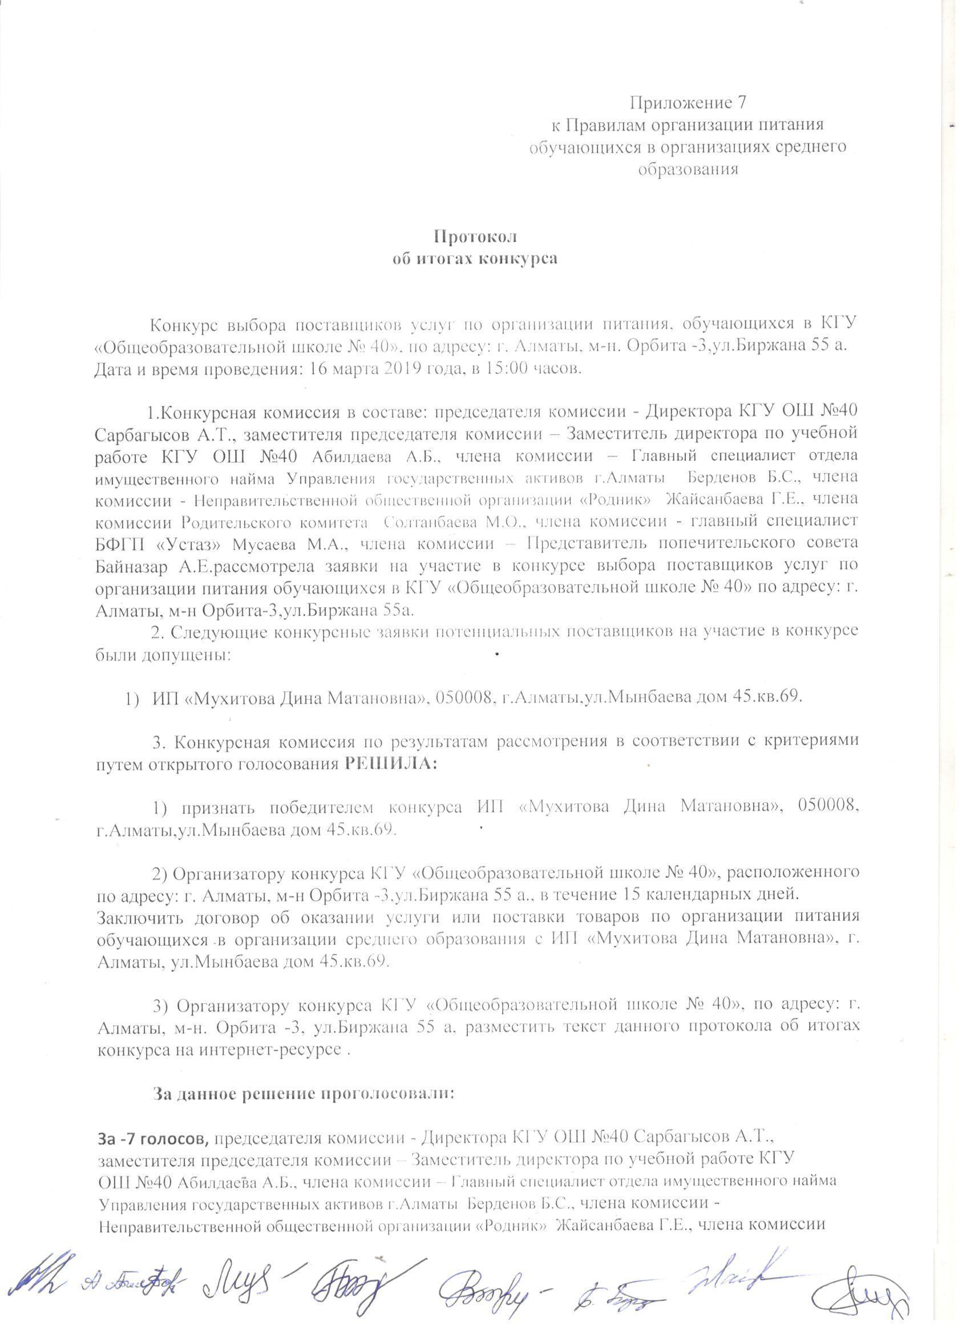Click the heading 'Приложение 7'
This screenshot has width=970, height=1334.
688,103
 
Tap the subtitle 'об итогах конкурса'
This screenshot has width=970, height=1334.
475,260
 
